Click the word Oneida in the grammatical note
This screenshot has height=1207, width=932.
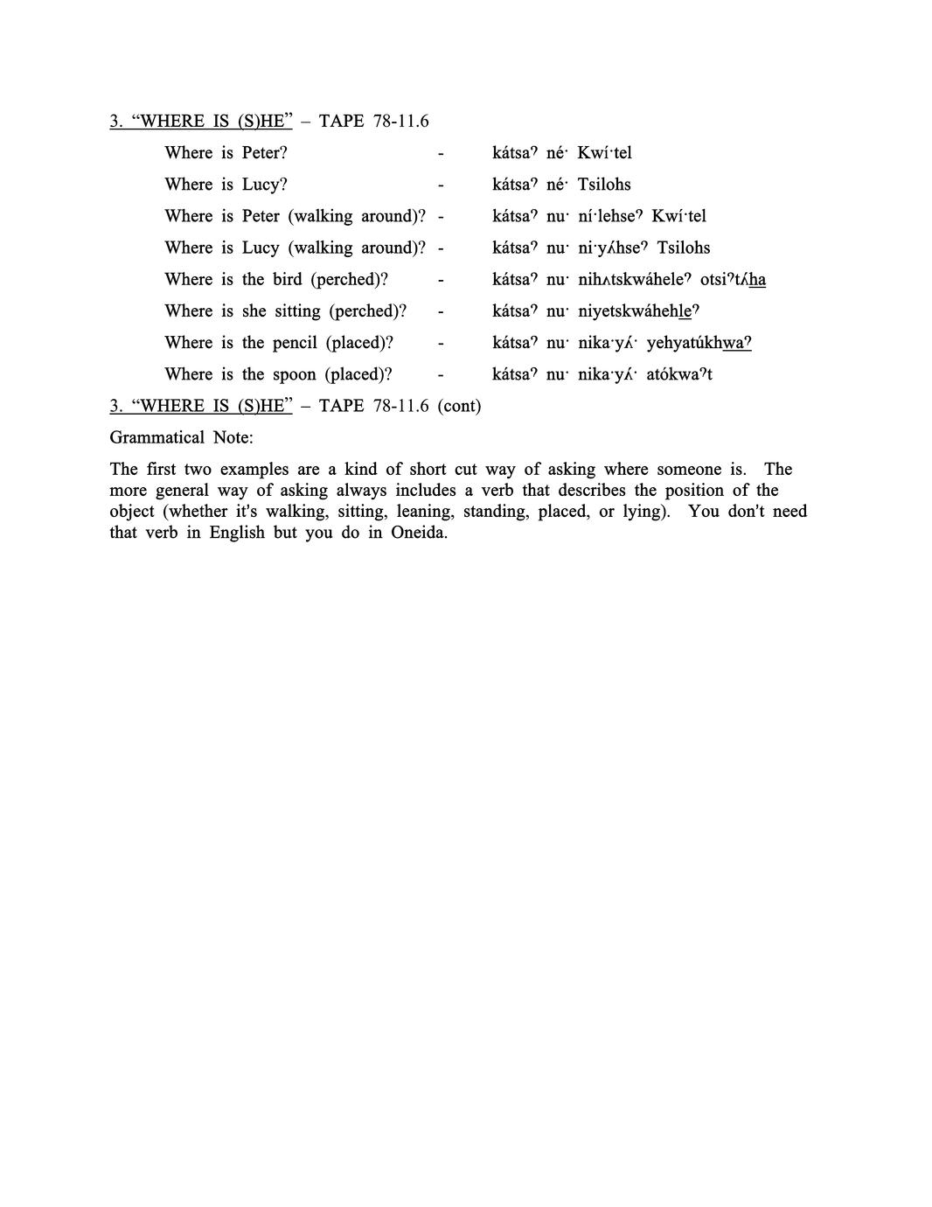pyautogui.click(x=419, y=533)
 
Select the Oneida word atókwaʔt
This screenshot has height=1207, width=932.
pyautogui.click(x=679, y=374)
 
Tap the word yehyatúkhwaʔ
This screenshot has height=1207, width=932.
pyautogui.click(x=699, y=343)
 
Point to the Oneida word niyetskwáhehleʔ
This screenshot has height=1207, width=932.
pyautogui.click(x=638, y=311)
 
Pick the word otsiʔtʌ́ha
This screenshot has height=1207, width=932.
pyautogui.click(x=733, y=280)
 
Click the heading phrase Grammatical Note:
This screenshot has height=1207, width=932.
pyautogui.click(x=181, y=437)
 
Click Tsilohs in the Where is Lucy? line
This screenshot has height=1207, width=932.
pyautogui.click(x=604, y=185)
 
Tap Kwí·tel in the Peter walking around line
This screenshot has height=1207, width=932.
pyautogui.click(x=678, y=216)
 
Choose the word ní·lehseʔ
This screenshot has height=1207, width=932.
pyautogui.click(x=610, y=216)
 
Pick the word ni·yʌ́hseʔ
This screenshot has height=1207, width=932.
pyautogui.click(x=613, y=248)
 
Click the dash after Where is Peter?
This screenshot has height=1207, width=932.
pyautogui.click(x=441, y=153)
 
